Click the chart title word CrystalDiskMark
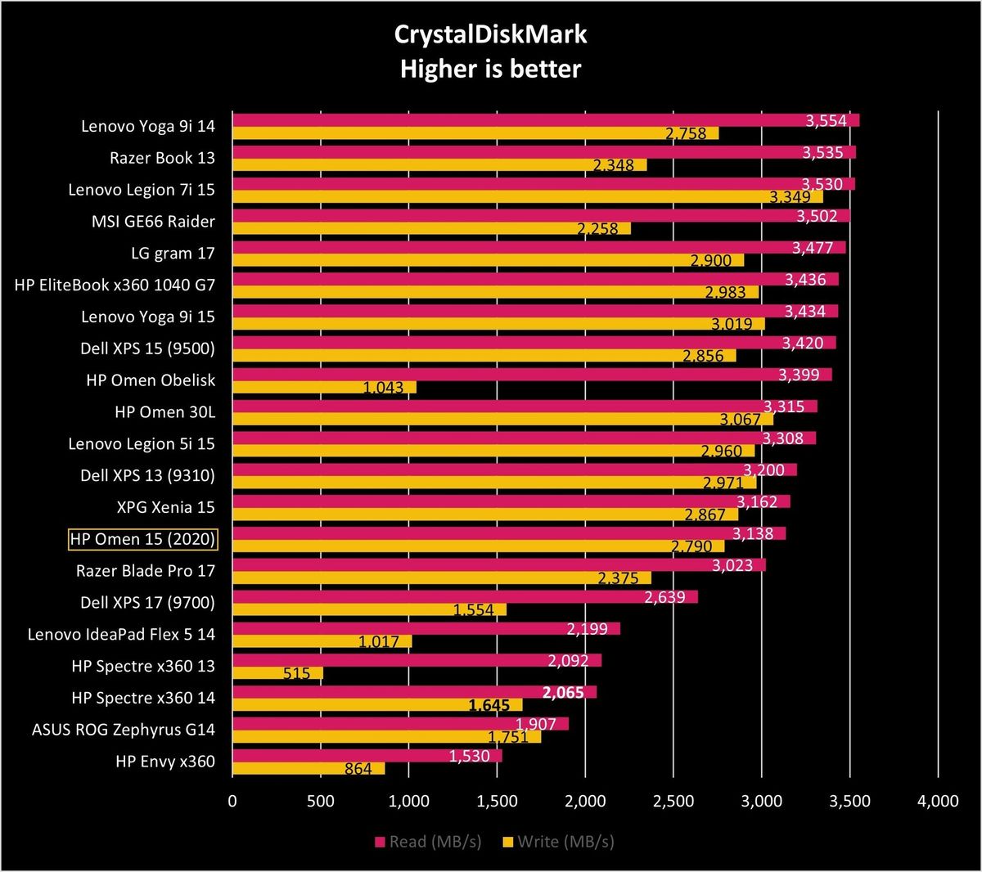pos(490,35)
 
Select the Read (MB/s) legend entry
pos(429,842)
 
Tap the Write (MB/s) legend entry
pos(559,842)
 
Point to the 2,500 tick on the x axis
pos(673,801)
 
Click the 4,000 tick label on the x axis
pos(938,801)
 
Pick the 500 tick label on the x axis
pos(321,801)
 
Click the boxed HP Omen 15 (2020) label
pos(142,539)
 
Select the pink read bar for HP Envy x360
pos(367,756)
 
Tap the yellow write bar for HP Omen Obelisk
pos(324,387)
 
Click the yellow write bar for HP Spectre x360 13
pos(277,673)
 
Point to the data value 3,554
pos(826,120)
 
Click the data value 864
pos(358,768)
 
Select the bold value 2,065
pos(563,692)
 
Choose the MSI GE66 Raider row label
pos(153,222)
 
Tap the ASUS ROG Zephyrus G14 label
pos(123,730)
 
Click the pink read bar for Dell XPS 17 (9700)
pos(466,597)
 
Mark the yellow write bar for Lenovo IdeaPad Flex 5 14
pos(322,641)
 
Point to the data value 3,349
pos(790,196)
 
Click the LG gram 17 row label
pos(173,254)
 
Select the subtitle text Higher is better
pos(490,69)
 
